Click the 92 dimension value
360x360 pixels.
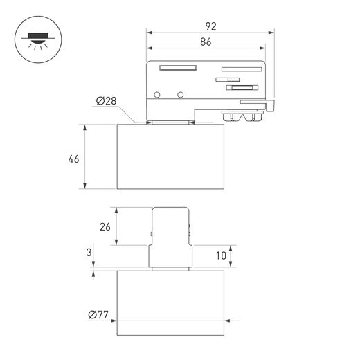coord(210,26)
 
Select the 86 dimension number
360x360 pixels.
coord(206,42)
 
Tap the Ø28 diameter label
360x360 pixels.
coord(106,101)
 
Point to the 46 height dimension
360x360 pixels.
coord(73,159)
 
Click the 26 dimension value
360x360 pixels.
coord(105,227)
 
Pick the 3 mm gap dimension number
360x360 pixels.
coord(89,253)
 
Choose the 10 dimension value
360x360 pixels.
coord(221,255)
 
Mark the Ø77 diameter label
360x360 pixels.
coord(98,314)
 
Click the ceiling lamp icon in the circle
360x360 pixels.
coord(38,39)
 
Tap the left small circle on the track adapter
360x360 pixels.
coord(157,95)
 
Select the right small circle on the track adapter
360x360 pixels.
coord(180,95)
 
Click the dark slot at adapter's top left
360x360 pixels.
coord(178,68)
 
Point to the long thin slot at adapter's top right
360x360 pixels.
coord(242,69)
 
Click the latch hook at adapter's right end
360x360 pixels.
coord(269,105)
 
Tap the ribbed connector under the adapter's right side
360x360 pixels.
coord(242,116)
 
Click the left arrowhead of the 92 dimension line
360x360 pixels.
coord(150,33)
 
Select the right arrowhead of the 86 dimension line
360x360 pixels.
coord(262,48)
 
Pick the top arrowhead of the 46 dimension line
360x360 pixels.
coord(85,127)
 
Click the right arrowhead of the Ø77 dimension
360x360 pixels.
coord(227,321)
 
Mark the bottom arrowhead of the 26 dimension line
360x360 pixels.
coord(116,242)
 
